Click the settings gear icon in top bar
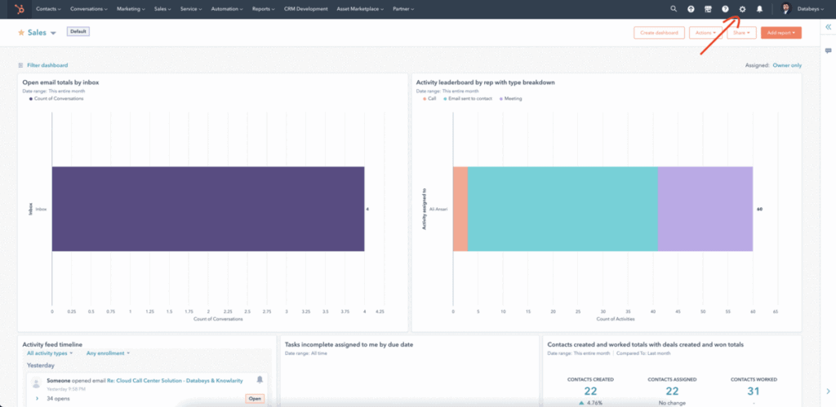click(x=742, y=9)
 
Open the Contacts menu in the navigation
click(x=49, y=9)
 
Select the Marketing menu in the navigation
click(x=130, y=9)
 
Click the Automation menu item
click(x=227, y=9)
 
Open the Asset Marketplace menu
click(x=361, y=9)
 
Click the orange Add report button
click(x=780, y=33)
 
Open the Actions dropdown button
click(x=704, y=33)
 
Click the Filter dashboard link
click(x=47, y=65)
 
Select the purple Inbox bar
click(x=207, y=209)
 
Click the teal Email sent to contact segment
click(x=562, y=209)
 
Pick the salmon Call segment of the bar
click(x=460, y=209)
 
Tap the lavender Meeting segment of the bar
click(x=705, y=209)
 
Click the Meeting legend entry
click(x=511, y=99)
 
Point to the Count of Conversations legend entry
click(x=58, y=99)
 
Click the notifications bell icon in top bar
click(x=759, y=9)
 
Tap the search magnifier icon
click(x=674, y=9)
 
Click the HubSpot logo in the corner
click(x=18, y=9)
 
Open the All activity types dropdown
click(x=50, y=353)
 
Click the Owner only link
click(x=787, y=65)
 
